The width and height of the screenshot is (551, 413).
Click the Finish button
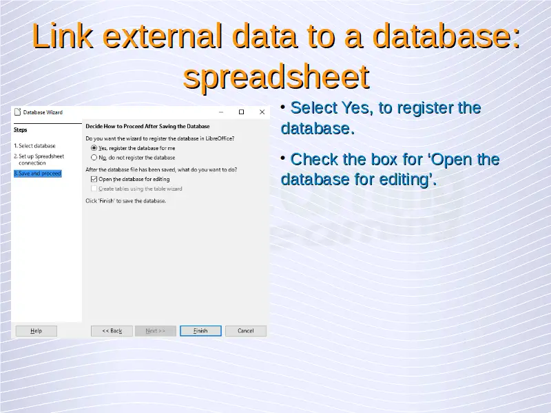(200, 331)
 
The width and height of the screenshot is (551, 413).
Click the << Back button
(112, 331)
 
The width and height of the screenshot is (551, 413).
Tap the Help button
(37, 331)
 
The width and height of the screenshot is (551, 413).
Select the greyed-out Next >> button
(156, 331)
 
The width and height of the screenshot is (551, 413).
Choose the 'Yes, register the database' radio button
(94, 148)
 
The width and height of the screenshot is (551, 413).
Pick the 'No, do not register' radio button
(94, 158)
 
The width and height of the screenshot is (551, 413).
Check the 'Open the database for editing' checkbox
(94, 179)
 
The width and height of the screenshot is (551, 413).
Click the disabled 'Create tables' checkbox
(94, 189)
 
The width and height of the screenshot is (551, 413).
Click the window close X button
(262, 112)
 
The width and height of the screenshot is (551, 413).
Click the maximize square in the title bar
(242, 112)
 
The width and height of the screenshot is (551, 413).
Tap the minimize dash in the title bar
(221, 112)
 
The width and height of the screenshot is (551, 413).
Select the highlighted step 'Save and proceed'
(38, 173)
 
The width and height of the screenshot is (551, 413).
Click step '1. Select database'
(35, 146)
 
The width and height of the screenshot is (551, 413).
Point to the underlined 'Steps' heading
(21, 129)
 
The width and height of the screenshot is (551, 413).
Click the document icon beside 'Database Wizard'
(18, 112)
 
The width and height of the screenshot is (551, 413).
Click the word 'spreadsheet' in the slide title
(276, 77)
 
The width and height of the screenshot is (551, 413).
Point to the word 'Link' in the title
(63, 36)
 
